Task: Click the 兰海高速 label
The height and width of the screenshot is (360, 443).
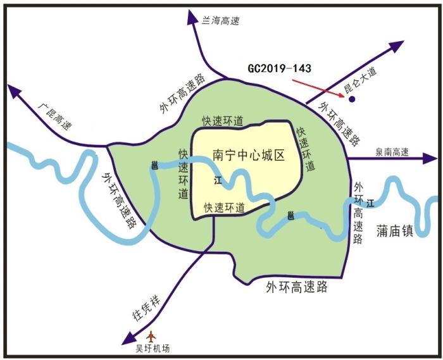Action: pos(221,21)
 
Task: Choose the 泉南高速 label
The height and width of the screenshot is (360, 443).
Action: pos(392,152)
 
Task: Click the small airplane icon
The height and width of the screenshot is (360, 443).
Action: pos(151,337)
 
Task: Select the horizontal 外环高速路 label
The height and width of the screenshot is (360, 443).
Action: pos(297,287)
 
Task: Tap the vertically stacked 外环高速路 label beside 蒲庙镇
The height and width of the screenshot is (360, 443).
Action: pos(358,213)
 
